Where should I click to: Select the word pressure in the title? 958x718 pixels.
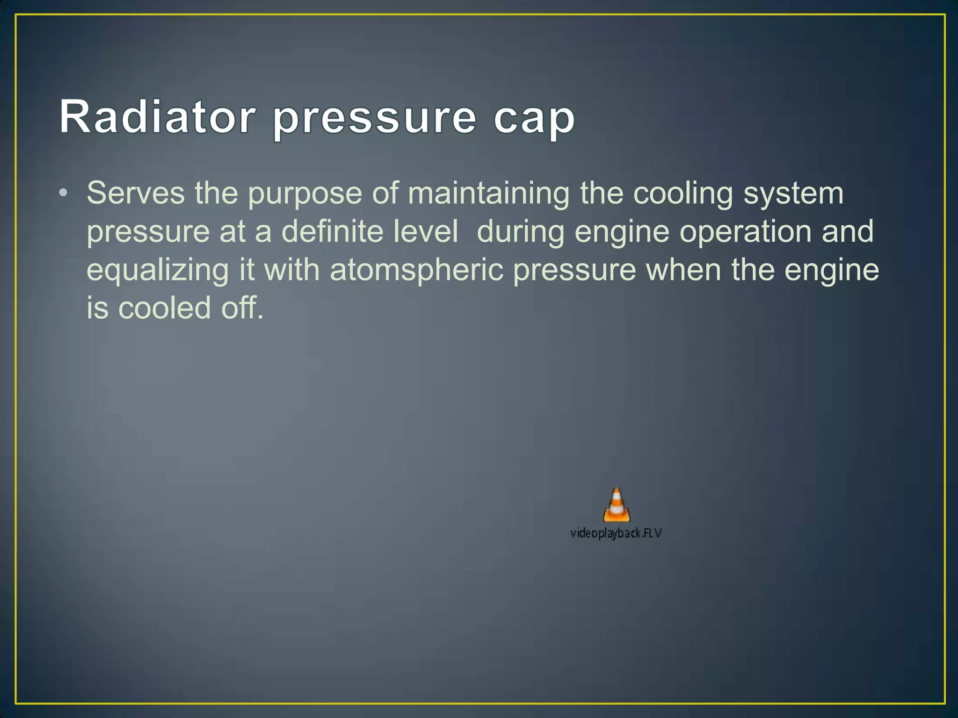pos(374,119)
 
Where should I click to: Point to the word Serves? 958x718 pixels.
pos(136,193)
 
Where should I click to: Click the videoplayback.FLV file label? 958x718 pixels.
pos(616,533)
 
